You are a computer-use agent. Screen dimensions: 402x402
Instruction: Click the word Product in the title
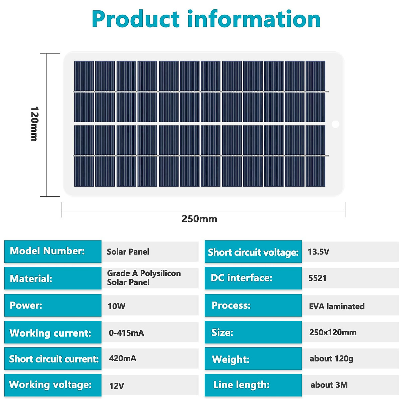point(136,19)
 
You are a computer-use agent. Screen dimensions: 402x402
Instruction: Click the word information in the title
point(254,19)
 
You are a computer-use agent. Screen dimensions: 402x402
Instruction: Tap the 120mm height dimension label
point(34,124)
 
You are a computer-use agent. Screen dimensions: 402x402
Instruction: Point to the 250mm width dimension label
point(199,219)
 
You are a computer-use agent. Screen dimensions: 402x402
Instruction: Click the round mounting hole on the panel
point(335,124)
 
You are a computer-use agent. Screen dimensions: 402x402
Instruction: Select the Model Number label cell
point(53,251)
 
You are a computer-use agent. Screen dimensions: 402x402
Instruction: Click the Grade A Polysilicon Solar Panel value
point(144,278)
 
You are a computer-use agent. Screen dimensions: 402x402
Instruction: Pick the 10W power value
point(117,306)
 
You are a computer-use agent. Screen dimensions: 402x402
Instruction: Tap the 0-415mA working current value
point(126,333)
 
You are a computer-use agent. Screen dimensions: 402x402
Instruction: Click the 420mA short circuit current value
point(123,358)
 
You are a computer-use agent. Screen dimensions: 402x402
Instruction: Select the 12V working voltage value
point(117,386)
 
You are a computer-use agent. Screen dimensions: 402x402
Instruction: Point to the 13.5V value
point(319,252)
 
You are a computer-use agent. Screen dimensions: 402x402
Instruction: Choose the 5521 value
point(317,278)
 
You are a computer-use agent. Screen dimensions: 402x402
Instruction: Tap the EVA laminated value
point(337,306)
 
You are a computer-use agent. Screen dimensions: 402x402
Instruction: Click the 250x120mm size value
point(333,332)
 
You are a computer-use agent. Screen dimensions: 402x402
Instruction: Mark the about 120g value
point(331,359)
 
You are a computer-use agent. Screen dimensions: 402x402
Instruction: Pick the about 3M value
point(329,385)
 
